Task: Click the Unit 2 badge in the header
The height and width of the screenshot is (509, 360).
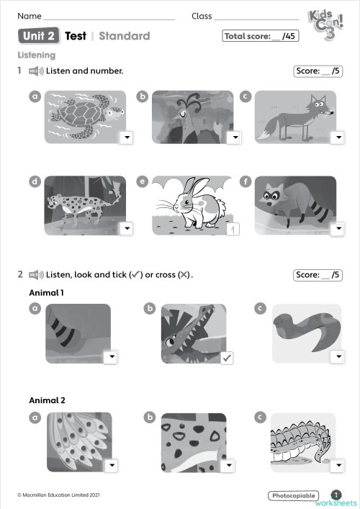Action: (x=39, y=36)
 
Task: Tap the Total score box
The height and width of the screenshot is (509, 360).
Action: (x=260, y=36)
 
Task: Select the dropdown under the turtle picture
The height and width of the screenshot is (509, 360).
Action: (x=126, y=138)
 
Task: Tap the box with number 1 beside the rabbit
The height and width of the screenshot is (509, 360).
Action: (x=232, y=229)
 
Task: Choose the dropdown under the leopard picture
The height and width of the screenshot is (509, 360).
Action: (x=126, y=228)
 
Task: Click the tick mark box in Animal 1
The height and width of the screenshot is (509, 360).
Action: (x=227, y=357)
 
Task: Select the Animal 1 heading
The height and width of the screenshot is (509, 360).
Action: (x=47, y=292)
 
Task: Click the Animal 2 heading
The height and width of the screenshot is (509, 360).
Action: (x=47, y=400)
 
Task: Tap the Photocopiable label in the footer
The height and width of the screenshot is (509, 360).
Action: (x=292, y=495)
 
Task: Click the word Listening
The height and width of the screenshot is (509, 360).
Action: (x=36, y=55)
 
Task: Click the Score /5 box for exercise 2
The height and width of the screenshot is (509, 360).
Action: (x=317, y=274)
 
